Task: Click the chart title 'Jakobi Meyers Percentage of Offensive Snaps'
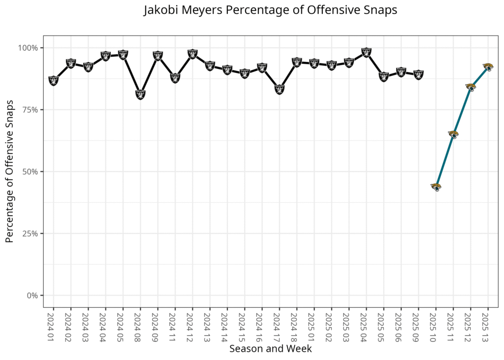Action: click(x=270, y=11)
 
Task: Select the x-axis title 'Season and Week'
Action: click(x=270, y=349)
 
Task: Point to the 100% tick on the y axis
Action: click(x=29, y=48)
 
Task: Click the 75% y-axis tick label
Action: click(x=31, y=110)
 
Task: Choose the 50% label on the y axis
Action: click(x=31, y=171)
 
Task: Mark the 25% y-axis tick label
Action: click(x=31, y=233)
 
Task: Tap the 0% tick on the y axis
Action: click(x=32, y=295)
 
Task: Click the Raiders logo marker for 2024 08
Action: click(x=140, y=95)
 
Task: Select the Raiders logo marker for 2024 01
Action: click(x=54, y=80)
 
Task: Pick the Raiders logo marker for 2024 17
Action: click(x=279, y=89)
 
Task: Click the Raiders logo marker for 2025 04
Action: click(x=366, y=53)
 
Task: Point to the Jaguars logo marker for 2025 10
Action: click(x=436, y=187)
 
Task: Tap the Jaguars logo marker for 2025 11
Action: click(x=453, y=134)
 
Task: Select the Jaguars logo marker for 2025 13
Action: click(x=488, y=67)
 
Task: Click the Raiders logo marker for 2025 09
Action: click(x=418, y=75)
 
